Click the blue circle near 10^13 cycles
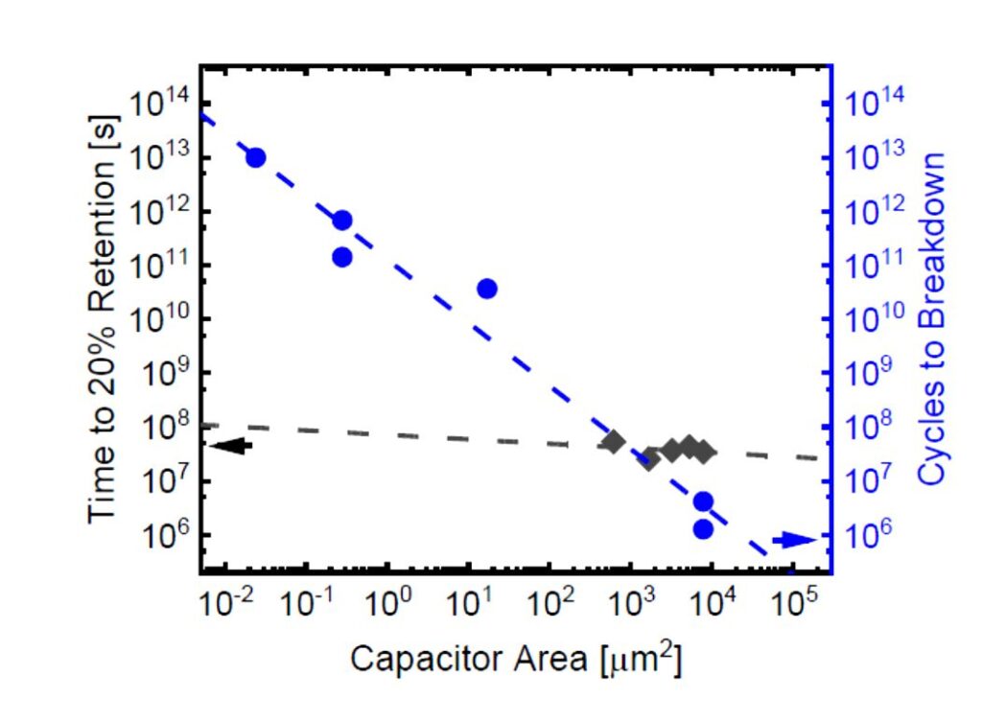[x=255, y=158]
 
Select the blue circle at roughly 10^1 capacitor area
[x=486, y=289]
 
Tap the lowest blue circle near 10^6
[x=703, y=529]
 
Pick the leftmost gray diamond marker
[x=614, y=442]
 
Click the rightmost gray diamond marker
[x=705, y=451]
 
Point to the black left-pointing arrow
[x=230, y=445]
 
